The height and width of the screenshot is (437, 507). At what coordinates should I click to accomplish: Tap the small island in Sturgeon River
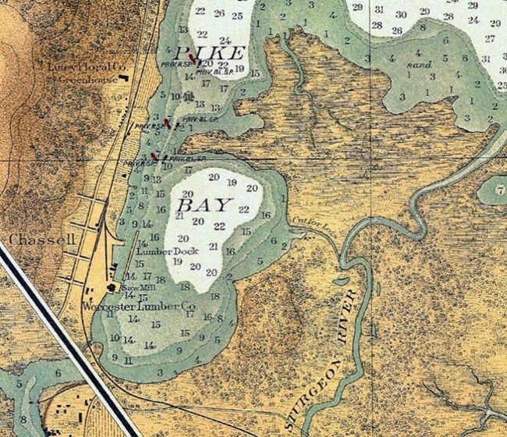tap(342, 280)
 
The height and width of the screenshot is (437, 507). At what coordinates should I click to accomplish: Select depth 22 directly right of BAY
tap(243, 209)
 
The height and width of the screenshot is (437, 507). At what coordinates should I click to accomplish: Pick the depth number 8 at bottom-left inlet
tap(23, 419)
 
